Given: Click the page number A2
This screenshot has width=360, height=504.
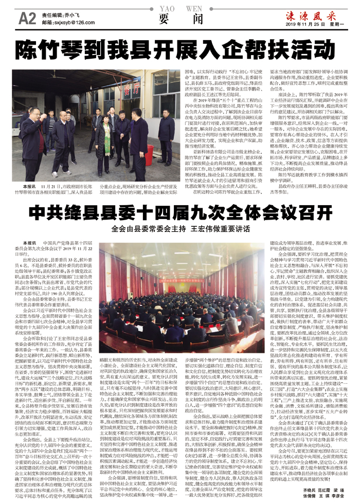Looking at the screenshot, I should (26, 19).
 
